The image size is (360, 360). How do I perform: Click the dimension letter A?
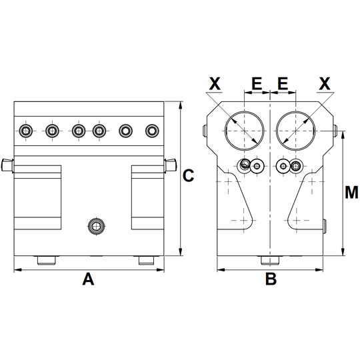(88, 279)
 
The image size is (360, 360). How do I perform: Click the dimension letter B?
(271, 279)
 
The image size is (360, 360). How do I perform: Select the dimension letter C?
(188, 175)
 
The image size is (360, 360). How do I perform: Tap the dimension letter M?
(351, 192)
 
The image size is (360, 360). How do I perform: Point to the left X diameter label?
(215, 83)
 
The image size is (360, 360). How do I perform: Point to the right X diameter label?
(325, 83)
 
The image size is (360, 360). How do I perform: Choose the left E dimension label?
(257, 83)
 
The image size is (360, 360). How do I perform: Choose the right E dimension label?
(283, 83)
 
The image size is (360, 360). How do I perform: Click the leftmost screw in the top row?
(26, 131)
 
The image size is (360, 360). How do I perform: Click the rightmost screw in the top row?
(152, 131)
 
